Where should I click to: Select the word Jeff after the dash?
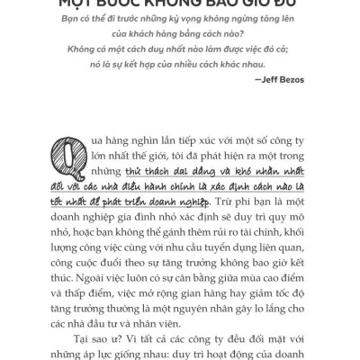point(265,79)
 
